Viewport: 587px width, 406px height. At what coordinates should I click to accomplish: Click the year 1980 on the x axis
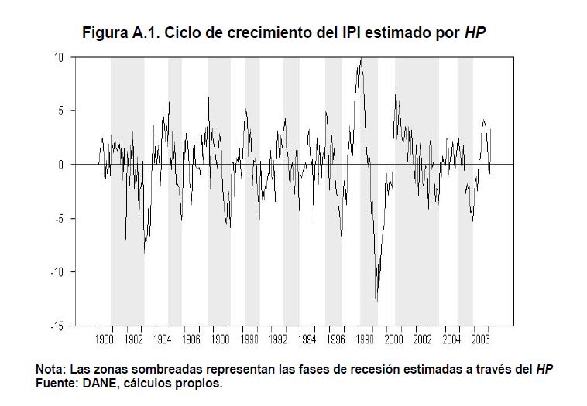(104, 339)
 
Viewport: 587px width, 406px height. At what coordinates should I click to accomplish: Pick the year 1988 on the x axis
(221, 339)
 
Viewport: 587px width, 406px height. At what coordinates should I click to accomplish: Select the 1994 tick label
(307, 339)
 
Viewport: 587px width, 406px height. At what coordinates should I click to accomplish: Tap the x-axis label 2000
(394, 339)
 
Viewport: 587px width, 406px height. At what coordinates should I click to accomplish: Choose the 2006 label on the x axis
(481, 339)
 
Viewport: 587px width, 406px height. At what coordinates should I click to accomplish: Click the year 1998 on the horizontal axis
(366, 339)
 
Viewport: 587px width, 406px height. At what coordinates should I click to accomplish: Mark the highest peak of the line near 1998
(360, 59)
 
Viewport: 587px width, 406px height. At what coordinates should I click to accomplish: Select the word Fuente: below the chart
(56, 382)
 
